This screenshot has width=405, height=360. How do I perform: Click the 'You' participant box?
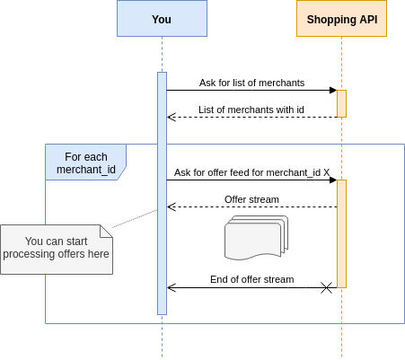point(162,19)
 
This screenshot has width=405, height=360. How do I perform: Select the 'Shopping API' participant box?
point(341,19)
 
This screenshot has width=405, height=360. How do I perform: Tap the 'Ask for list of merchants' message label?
point(251,83)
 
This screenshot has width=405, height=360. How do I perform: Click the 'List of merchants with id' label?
point(251,110)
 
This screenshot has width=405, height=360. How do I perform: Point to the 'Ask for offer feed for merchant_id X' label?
point(251,171)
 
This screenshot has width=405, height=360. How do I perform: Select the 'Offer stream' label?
point(251,199)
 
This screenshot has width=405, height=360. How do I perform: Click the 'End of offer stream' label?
point(251,279)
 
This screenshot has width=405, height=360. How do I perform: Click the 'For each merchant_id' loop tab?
point(85,162)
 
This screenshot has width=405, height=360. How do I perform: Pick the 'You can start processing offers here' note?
point(56,249)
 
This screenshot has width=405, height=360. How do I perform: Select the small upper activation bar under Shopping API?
point(341,103)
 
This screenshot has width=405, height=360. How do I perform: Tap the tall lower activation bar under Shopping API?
point(341,233)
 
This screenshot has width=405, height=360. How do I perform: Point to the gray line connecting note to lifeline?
point(135,219)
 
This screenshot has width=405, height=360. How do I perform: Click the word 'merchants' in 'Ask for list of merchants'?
point(281,83)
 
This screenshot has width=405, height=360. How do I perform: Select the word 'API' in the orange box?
point(366,19)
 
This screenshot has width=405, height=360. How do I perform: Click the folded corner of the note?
point(107,231)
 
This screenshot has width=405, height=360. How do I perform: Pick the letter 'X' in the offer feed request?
point(326,171)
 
